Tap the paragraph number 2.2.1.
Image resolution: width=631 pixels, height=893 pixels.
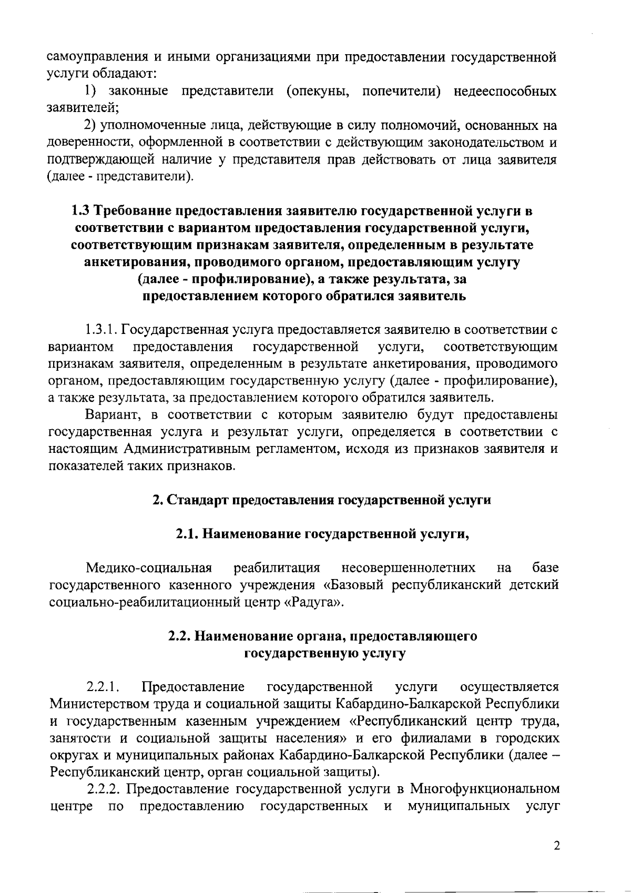coord(103,687)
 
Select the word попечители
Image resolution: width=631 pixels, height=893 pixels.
coord(400,92)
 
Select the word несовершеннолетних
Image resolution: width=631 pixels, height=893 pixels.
coord(409,568)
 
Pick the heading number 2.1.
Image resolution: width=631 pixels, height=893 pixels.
coord(187,534)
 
